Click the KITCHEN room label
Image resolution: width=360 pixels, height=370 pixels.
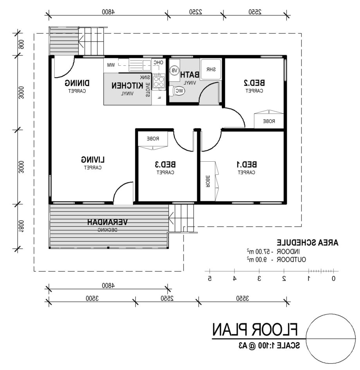point(127,85)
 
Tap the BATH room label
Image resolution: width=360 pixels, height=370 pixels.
point(190,75)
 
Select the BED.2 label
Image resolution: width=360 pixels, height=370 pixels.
point(254,83)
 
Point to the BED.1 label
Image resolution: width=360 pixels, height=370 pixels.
point(247,164)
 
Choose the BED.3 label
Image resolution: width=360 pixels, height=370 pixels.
point(165,164)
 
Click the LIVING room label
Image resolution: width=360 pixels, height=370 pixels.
point(93,160)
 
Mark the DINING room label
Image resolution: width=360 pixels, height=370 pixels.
point(77,83)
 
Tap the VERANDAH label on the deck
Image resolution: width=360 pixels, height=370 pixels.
point(107,222)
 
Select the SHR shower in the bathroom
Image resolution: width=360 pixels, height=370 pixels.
point(211,69)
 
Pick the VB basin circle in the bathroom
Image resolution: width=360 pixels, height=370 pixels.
point(175,70)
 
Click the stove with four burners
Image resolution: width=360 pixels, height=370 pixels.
point(158,81)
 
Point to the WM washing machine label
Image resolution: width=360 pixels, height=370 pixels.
point(111,65)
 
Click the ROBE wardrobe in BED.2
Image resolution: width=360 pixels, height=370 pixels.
point(269,119)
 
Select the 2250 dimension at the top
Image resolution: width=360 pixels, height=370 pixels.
point(195,12)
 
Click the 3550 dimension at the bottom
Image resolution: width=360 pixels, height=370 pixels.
point(243,298)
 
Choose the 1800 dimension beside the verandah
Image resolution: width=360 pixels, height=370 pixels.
point(21,227)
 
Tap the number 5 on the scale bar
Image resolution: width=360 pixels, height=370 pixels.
point(210,278)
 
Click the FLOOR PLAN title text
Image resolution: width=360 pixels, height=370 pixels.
point(255,329)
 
